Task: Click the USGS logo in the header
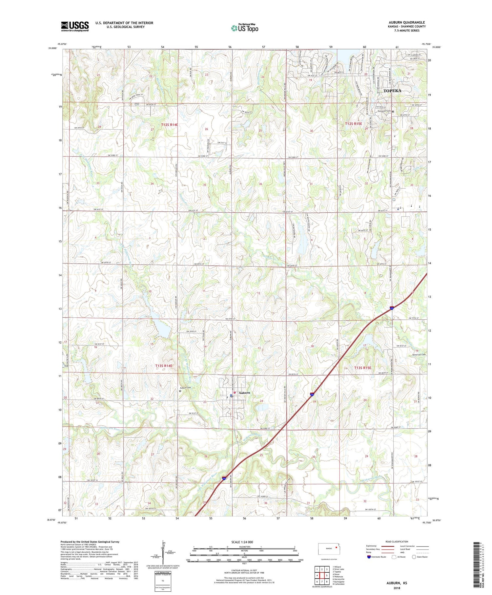(75, 26)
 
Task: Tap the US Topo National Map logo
(244, 28)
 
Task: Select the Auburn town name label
(244, 393)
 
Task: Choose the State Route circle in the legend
(414, 557)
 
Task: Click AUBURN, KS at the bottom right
(396, 583)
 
